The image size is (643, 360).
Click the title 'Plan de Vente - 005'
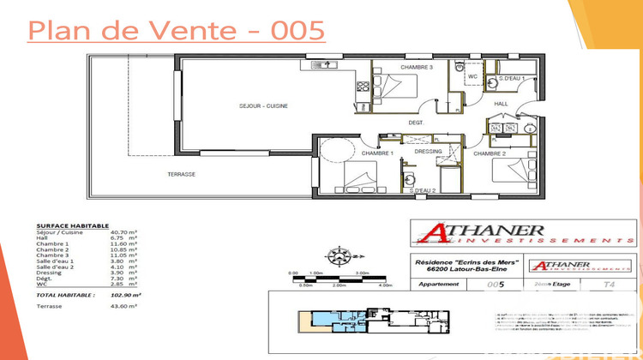point(177,30)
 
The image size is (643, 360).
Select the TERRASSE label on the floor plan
point(182,174)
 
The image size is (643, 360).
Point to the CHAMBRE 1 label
point(376,153)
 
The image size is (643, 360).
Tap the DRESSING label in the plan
point(427,152)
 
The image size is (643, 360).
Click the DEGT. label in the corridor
point(417,123)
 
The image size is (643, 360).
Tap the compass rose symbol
point(339,255)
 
